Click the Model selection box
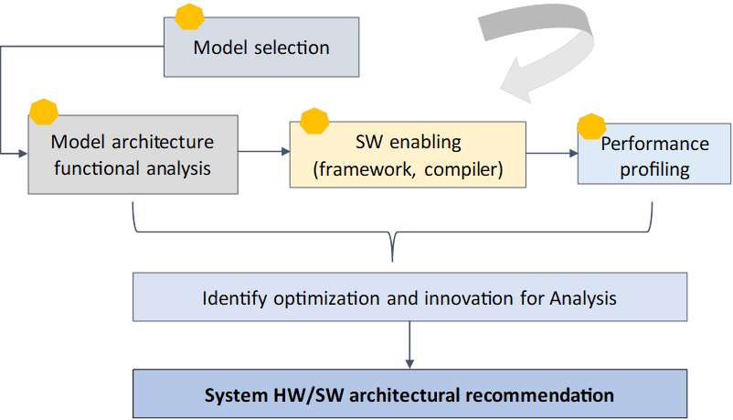tap(260, 48)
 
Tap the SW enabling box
tap(408, 156)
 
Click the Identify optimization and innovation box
tap(409, 297)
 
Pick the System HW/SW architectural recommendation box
tap(409, 395)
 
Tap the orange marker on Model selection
tap(189, 17)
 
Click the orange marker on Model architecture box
tap(43, 112)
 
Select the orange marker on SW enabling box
tap(314, 121)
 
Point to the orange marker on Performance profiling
tap(591, 127)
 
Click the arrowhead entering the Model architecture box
tap(22, 156)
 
